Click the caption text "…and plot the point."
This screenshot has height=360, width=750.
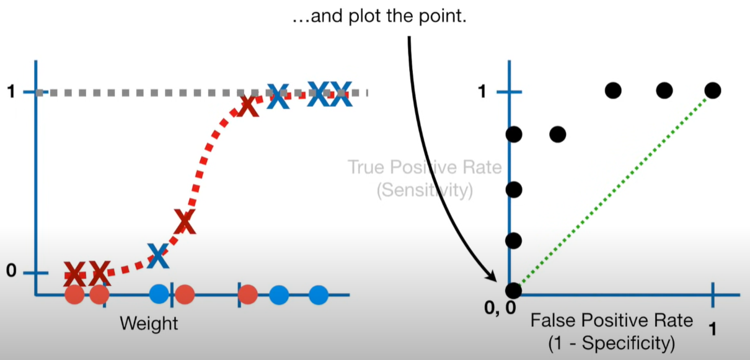(x=380, y=17)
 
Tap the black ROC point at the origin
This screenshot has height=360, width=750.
(x=513, y=289)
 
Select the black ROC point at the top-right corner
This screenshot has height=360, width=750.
(x=712, y=90)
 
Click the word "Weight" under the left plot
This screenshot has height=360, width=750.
(x=149, y=323)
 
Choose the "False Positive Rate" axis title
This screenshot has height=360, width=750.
(x=611, y=321)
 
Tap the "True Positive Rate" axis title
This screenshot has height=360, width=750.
(x=425, y=168)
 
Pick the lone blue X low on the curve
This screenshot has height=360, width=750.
(x=158, y=255)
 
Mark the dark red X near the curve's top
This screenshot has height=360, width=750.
(x=247, y=105)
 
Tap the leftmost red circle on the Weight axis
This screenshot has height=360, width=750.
(x=74, y=295)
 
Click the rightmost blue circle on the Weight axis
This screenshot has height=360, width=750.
(x=318, y=295)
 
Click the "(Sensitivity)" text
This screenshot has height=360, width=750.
(x=425, y=190)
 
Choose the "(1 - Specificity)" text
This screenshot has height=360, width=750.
(x=611, y=342)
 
